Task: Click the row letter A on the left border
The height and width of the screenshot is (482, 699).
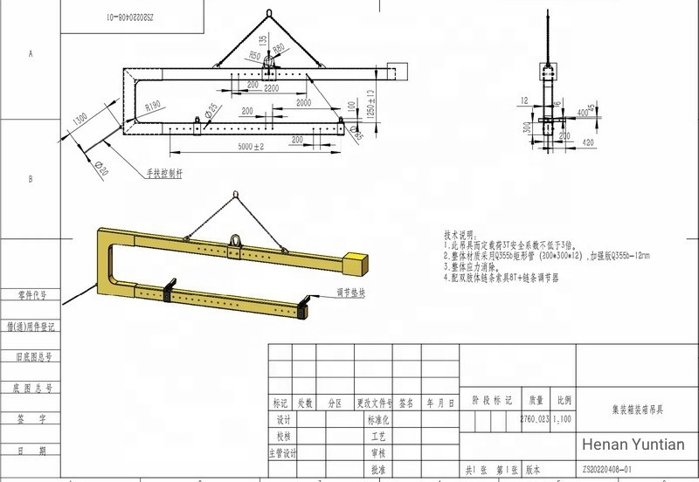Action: point(31,54)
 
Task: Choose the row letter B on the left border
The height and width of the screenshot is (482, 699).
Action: point(31,180)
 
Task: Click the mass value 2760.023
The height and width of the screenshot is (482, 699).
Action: point(535,420)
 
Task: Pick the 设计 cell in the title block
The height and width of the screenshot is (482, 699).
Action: point(281,420)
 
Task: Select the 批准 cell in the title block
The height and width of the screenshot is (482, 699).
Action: point(377,470)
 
